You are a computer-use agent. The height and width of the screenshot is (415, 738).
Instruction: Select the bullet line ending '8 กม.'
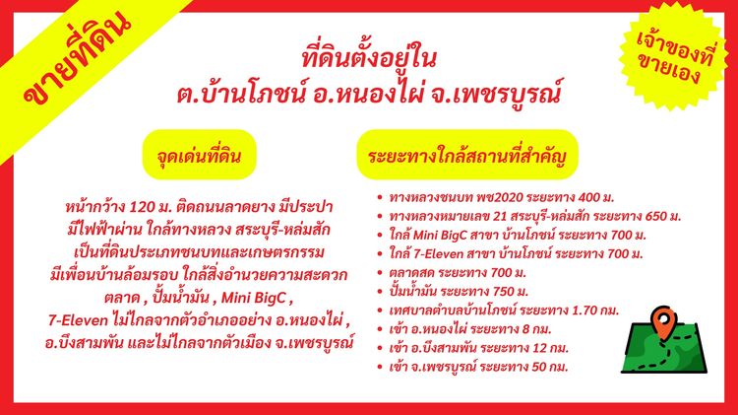(x=462, y=327)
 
